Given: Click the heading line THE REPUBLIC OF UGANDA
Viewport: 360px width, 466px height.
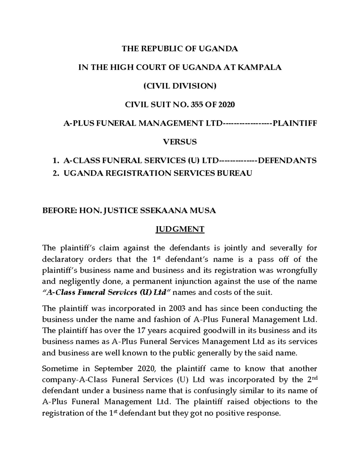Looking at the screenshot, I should (179, 49).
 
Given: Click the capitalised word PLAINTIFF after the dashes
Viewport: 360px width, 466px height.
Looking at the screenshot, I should (294, 123).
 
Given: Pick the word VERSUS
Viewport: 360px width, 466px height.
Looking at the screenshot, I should (179, 142).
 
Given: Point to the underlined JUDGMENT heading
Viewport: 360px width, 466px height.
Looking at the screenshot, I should (179, 230).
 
